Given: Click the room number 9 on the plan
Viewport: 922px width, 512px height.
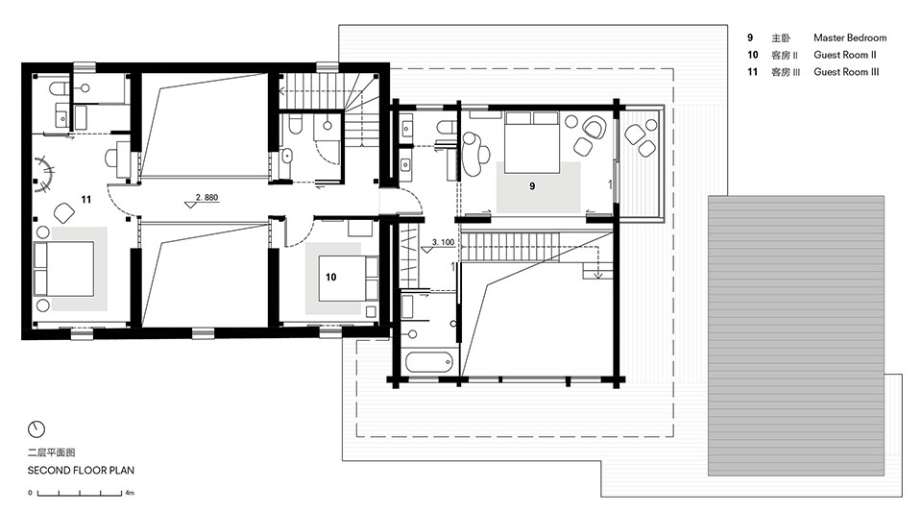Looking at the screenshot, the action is tap(532, 186).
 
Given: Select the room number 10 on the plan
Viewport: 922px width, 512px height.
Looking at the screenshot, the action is tap(331, 277).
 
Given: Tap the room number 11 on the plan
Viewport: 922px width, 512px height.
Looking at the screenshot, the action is tap(86, 199).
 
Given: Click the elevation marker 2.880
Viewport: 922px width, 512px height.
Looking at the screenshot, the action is tap(206, 198).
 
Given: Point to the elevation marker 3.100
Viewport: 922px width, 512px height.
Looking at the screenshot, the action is tap(443, 242).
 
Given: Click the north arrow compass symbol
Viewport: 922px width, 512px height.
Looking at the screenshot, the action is tap(36, 429).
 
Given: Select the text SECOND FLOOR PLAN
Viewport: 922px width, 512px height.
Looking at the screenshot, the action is tap(81, 471).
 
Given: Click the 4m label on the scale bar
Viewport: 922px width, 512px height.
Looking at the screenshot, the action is tap(130, 493).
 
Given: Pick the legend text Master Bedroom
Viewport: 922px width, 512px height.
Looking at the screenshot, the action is tap(850, 37).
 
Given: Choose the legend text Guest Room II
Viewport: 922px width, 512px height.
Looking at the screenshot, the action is tap(845, 55).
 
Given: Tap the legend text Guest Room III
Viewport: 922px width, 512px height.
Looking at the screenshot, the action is tap(846, 72).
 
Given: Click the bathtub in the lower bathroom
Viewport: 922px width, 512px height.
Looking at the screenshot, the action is tap(428, 361).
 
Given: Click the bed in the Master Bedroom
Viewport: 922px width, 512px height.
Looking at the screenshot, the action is tap(531, 142).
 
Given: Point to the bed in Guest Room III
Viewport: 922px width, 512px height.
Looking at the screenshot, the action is tap(63, 269).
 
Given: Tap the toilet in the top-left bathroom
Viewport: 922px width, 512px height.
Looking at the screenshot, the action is tap(58, 89).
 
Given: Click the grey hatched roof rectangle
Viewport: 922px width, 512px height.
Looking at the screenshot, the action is tap(796, 335).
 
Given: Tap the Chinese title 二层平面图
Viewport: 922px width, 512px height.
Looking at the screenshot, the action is tap(51, 452).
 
